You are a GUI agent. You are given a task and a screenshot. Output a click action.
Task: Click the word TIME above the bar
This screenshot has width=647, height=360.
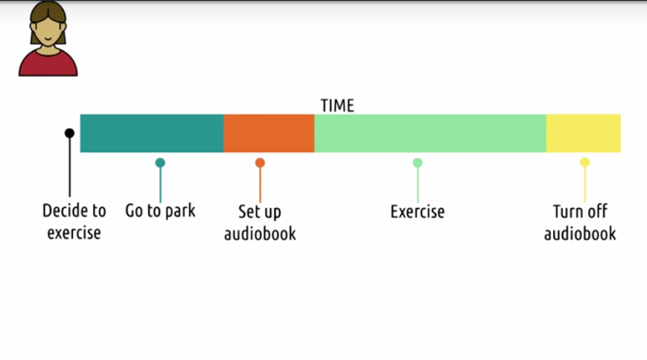(337, 106)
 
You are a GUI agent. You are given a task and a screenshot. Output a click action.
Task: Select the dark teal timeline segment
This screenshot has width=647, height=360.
(151, 133)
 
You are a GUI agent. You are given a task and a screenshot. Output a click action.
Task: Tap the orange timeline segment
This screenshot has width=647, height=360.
(269, 133)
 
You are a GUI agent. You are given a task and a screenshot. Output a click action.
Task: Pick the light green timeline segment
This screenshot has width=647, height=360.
(430, 133)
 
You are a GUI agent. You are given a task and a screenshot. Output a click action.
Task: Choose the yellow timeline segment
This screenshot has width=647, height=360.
(583, 133)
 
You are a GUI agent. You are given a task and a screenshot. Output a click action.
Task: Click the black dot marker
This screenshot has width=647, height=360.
(70, 133)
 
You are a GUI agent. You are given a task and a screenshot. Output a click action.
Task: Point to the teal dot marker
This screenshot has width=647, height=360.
(160, 163)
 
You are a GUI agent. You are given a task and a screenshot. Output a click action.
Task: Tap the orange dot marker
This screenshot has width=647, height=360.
(260, 163)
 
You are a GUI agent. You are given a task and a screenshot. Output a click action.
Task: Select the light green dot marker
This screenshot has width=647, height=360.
(417, 163)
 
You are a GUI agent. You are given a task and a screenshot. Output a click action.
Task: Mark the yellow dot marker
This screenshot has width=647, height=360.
(585, 163)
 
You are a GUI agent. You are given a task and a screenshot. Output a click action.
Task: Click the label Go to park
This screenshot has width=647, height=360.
(160, 211)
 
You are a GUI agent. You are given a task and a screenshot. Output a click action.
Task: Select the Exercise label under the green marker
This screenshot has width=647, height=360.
(417, 212)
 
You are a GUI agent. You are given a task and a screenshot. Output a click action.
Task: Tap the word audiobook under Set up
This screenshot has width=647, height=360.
(260, 234)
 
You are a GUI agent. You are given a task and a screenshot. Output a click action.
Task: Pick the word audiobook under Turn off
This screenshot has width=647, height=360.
(580, 234)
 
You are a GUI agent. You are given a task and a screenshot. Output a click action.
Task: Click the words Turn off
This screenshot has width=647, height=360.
(580, 211)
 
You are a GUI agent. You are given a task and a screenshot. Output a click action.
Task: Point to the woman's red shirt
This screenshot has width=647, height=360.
(48, 66)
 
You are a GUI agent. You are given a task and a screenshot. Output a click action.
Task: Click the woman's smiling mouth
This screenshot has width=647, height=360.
(48, 39)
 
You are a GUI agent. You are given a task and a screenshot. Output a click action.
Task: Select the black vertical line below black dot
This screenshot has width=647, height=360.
(70, 167)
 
